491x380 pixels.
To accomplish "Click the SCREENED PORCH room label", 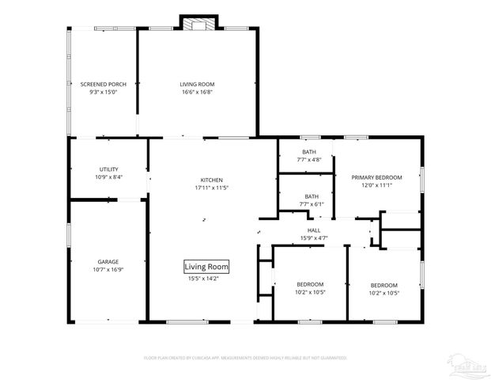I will pos(104,84).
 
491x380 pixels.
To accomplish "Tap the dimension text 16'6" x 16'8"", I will pos(197,92).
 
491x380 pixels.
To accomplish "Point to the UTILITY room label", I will pos(109,169).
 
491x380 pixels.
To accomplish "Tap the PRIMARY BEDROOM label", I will pos(376,177).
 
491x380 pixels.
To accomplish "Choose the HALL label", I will pos(314,230).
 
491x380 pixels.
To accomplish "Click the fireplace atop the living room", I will pos(198,23).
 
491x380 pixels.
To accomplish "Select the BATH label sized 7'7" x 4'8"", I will pos(309,152).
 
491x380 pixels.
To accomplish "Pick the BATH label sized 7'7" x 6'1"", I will pos(312,196).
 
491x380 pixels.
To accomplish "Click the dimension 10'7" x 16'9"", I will pos(108,269).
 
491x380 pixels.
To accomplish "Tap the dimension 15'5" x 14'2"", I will pos(208,279).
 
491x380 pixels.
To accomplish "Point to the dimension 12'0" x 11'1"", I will pos(376,185).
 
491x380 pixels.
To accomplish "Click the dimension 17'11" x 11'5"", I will pos(211,188).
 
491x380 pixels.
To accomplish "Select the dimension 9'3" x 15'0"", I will pos(104,92).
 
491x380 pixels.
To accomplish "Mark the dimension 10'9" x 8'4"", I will pos(109,177).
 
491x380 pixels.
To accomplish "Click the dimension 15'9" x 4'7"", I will pos(314,238).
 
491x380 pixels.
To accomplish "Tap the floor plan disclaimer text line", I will pos(245,358).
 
